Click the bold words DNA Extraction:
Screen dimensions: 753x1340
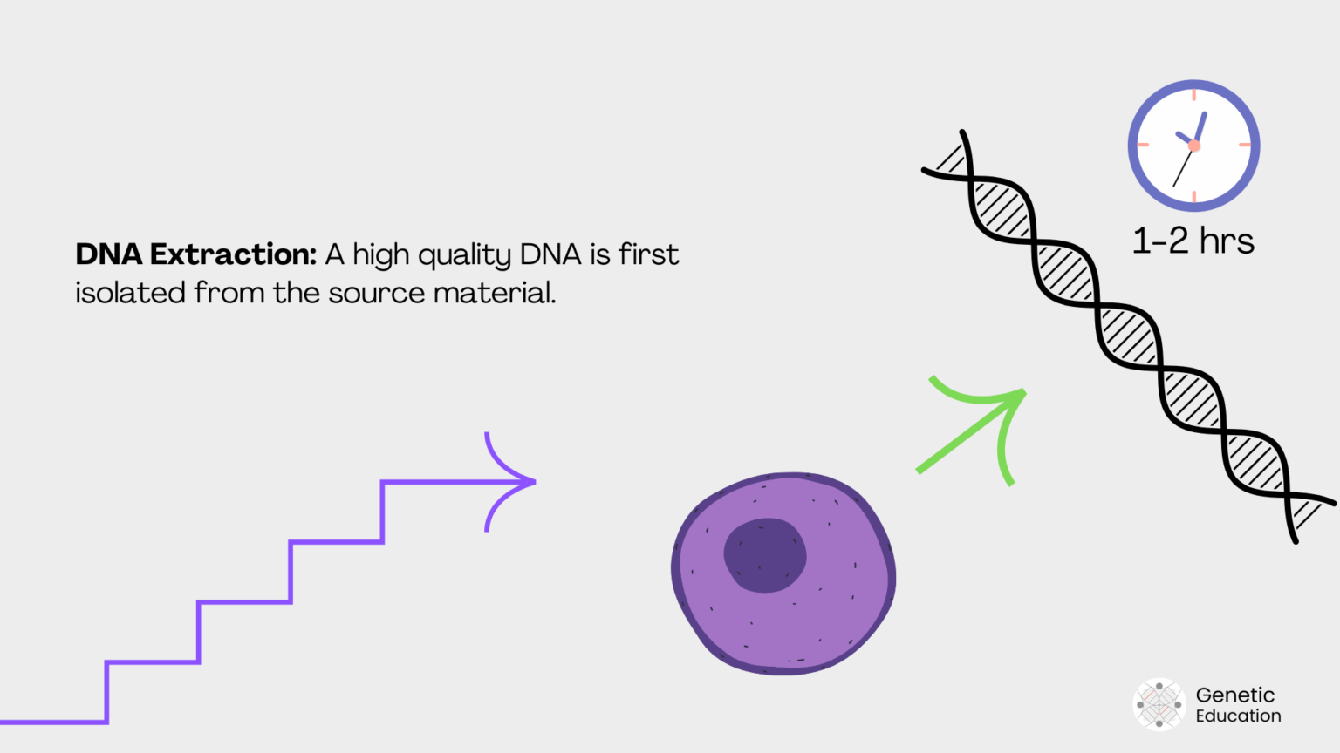[195, 254]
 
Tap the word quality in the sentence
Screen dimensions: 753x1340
[464, 256]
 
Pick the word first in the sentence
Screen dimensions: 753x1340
[648, 254]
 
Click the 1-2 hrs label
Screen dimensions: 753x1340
[1193, 241]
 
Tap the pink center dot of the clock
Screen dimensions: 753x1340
[1194, 146]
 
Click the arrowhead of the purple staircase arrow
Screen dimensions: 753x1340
[515, 481]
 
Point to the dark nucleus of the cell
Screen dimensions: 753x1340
[765, 555]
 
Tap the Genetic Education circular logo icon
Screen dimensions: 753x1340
[1159, 704]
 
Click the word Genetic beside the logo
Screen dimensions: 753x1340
[1234, 695]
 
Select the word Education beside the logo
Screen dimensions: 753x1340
[1238, 716]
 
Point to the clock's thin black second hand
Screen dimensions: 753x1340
[1182, 169]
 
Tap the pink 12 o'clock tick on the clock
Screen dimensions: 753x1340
[1194, 94]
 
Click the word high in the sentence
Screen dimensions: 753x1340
[380, 255]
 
